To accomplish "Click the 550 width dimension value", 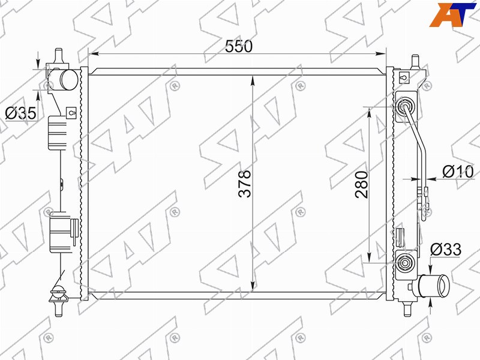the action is [x=239, y=46].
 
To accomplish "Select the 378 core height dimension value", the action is [x=245, y=184].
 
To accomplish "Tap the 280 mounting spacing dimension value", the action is [x=362, y=185].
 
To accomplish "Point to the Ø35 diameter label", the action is [x=21, y=113].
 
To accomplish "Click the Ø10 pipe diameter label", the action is [x=458, y=172].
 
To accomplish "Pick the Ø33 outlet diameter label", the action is [x=446, y=250].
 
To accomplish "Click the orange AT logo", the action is [x=452, y=14].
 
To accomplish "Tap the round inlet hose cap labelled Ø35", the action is [x=68, y=80].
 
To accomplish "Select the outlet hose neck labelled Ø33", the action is [x=434, y=286].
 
